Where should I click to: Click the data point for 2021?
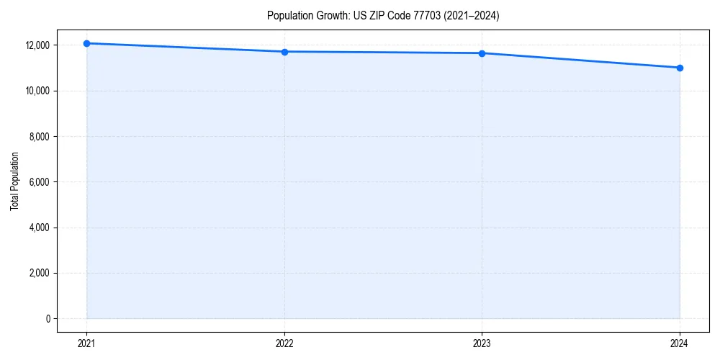coord(86,43)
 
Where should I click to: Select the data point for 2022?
coord(284,52)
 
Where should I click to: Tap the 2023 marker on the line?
coord(482,53)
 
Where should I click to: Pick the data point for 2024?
coord(680,68)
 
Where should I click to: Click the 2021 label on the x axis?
coord(86,343)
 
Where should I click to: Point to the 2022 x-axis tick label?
coord(284,343)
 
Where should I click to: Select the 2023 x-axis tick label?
coord(482,343)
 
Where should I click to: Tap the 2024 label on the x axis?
coord(680,343)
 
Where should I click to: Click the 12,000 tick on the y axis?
coord(37,45)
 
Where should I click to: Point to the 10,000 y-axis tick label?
coord(37,91)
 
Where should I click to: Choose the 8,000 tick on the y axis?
coord(39,137)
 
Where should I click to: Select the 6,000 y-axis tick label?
coord(39,182)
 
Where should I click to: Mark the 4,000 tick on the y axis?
coord(39,228)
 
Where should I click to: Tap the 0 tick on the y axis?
coord(47,319)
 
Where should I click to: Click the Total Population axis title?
coord(14,182)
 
